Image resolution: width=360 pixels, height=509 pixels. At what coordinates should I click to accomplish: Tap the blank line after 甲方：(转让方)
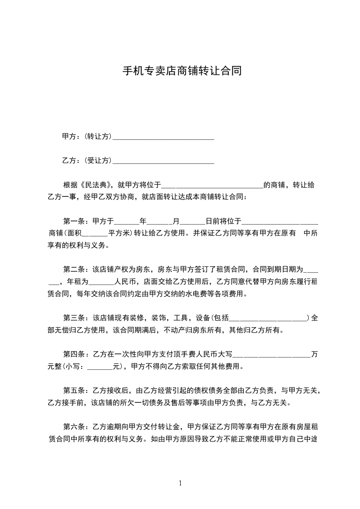(x=163, y=137)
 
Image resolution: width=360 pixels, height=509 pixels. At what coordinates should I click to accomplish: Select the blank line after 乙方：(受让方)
(x=163, y=161)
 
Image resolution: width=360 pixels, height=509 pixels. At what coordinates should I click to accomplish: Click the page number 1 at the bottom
(x=180, y=483)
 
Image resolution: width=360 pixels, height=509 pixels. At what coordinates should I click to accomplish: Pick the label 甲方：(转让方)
(x=87, y=136)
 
